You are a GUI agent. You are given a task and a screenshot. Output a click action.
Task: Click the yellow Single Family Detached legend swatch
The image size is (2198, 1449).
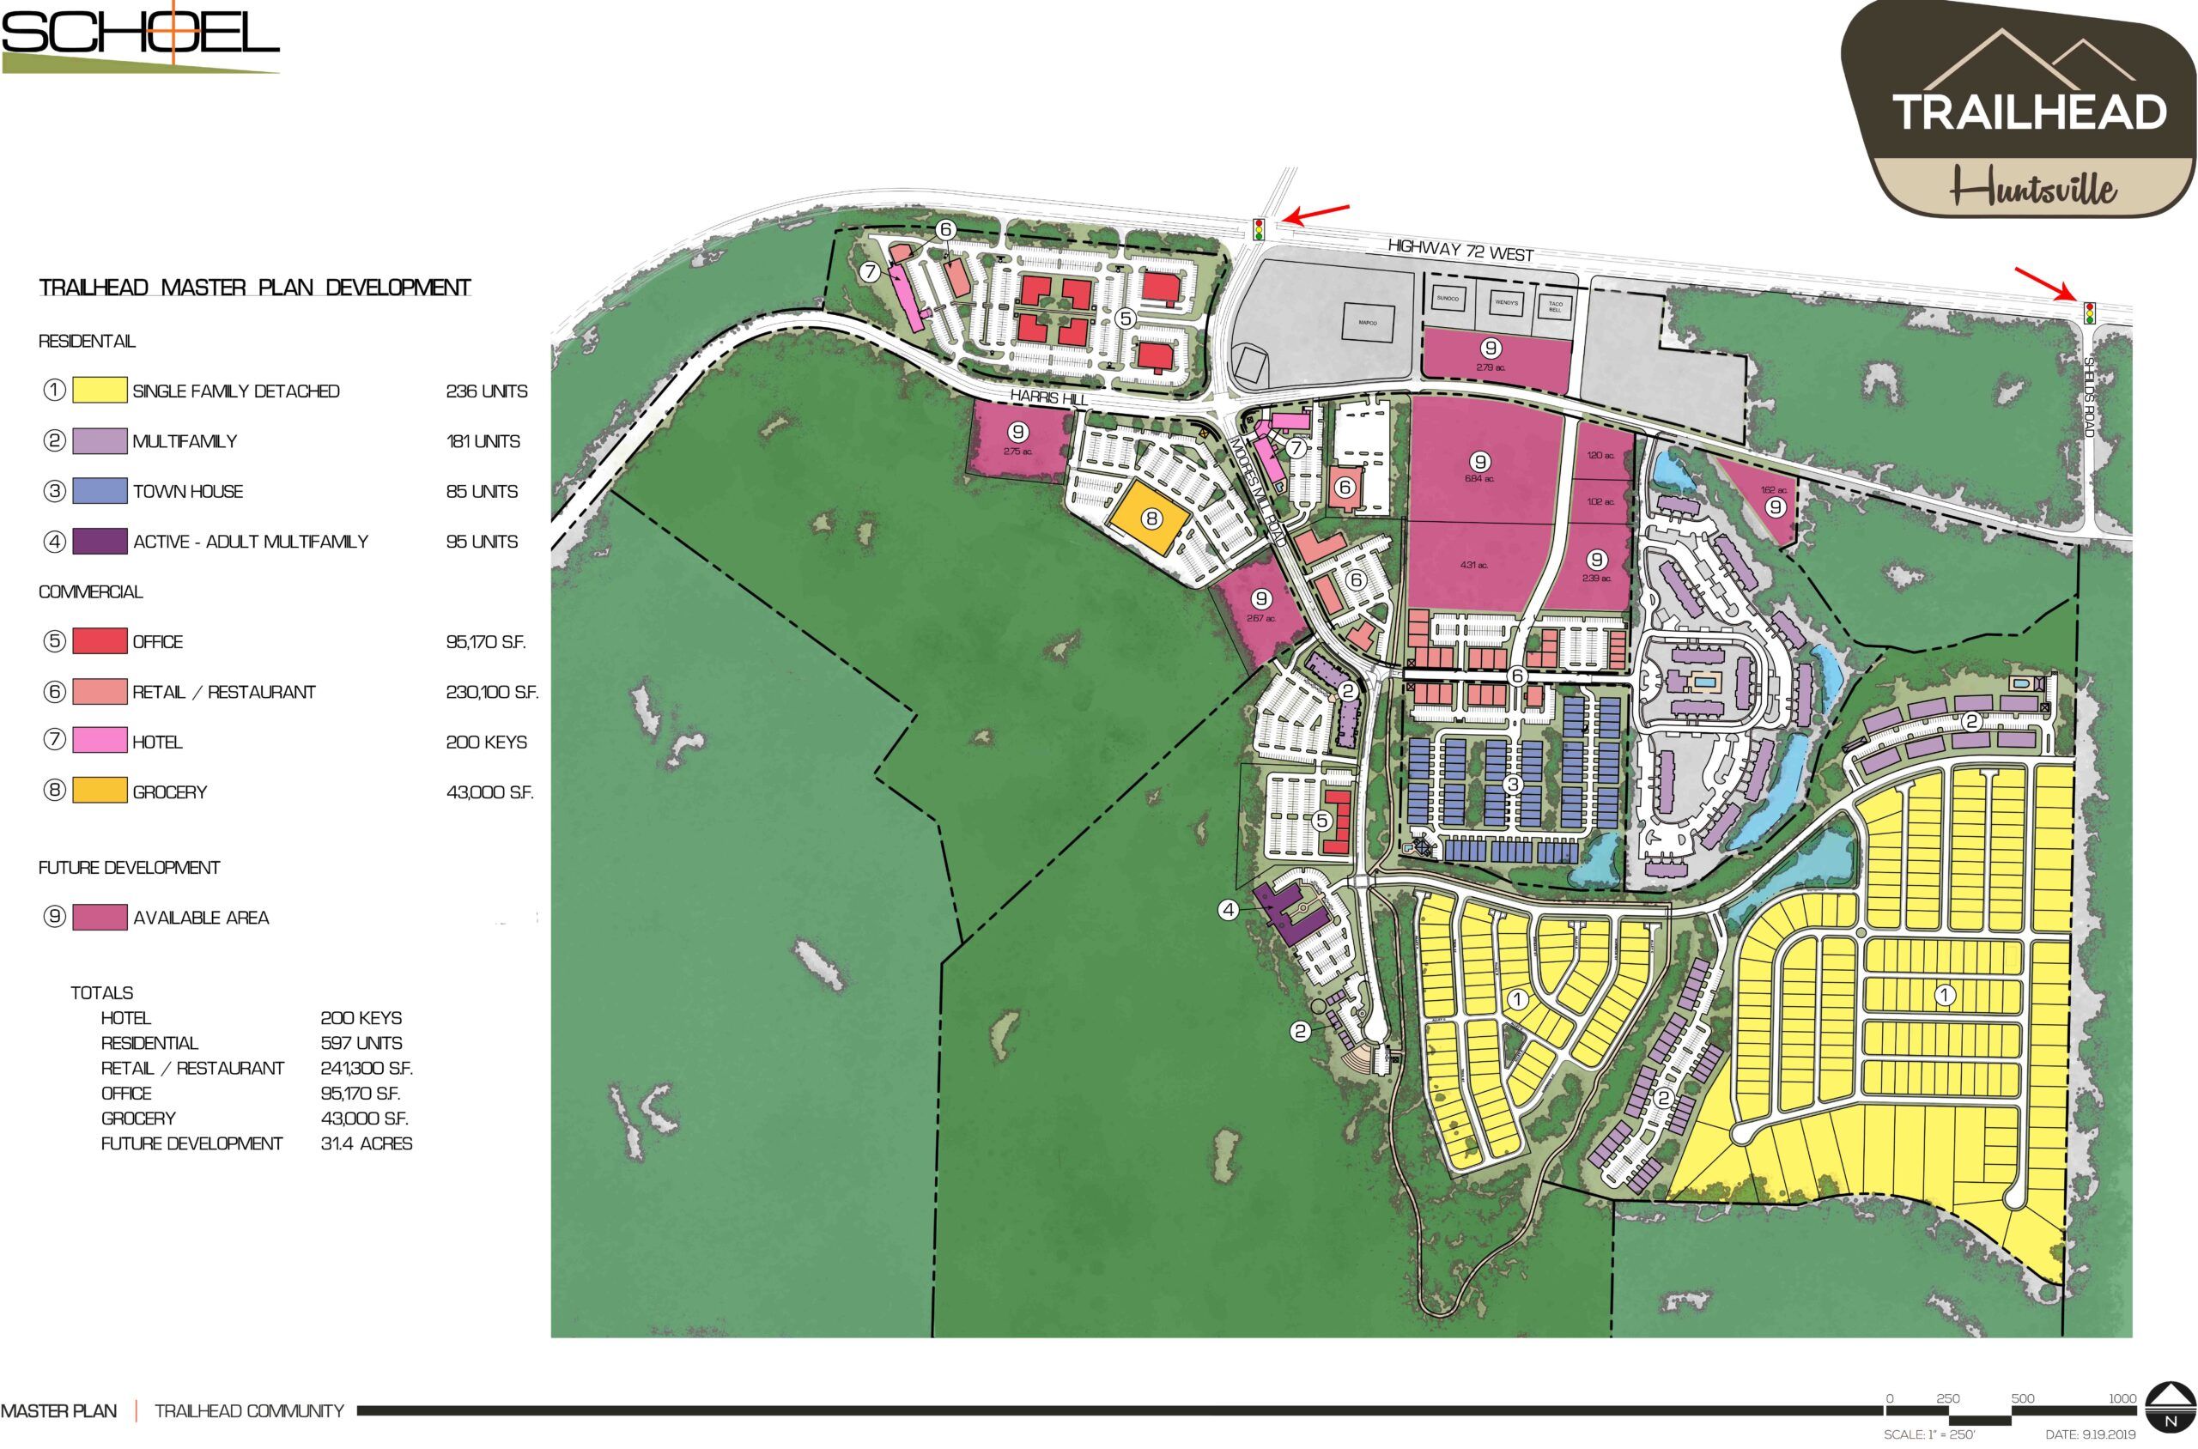click(x=99, y=390)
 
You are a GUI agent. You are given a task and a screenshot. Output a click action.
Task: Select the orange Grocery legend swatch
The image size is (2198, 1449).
click(x=99, y=791)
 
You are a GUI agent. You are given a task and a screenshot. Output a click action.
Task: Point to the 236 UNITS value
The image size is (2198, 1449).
click(x=486, y=391)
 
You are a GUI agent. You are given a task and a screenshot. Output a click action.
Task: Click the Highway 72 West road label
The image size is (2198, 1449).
click(x=1460, y=250)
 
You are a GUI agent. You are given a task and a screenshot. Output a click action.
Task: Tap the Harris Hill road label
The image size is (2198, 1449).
click(x=1047, y=396)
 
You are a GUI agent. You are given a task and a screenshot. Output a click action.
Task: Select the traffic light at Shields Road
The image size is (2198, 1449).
click(x=2089, y=312)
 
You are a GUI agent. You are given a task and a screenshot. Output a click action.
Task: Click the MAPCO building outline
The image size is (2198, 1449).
click(x=1367, y=324)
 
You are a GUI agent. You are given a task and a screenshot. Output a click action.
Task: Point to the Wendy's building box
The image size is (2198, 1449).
click(x=1506, y=303)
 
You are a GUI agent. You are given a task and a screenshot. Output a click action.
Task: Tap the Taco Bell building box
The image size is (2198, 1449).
click(x=1555, y=305)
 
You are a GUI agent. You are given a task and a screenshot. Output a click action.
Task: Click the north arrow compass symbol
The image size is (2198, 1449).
click(x=2170, y=1410)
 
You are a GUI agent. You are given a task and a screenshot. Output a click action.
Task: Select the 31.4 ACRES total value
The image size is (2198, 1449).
click(x=366, y=1144)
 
